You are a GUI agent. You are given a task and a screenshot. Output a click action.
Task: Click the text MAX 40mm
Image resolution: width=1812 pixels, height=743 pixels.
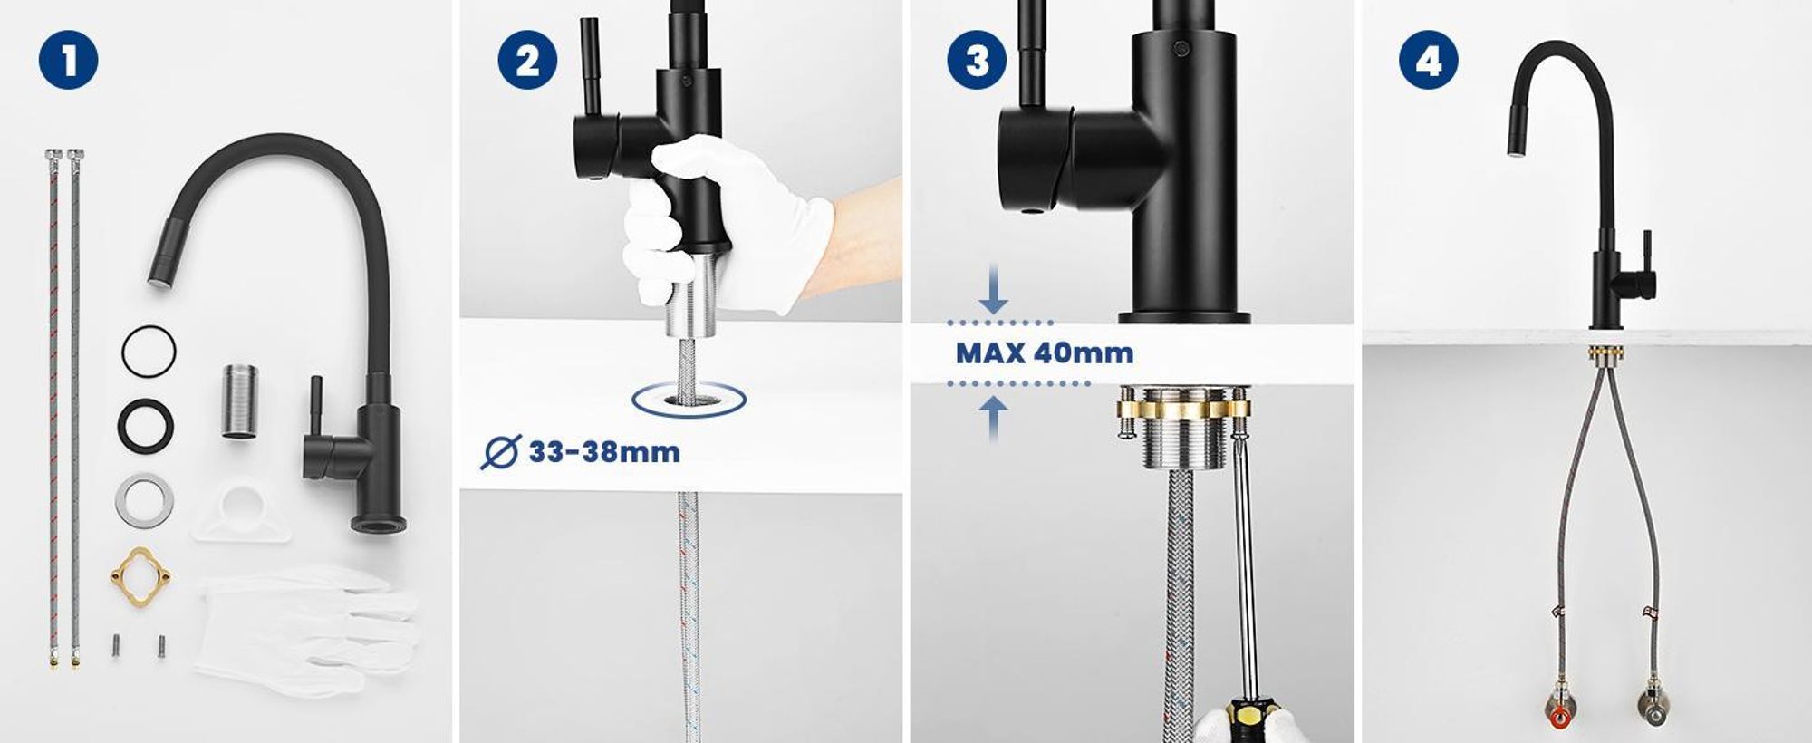tap(1045, 352)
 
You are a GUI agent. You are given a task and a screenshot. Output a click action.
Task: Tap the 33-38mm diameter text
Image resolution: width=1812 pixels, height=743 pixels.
tap(604, 451)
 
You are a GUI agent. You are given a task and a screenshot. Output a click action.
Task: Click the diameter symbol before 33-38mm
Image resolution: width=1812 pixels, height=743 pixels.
tap(500, 452)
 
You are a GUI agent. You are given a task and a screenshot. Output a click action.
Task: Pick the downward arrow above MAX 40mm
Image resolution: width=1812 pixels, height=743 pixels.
tap(994, 289)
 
